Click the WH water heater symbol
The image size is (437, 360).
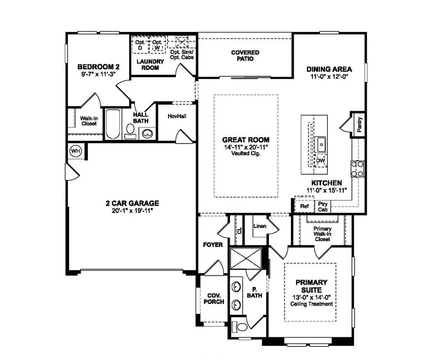point(76,150)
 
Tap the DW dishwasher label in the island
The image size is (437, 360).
point(320,161)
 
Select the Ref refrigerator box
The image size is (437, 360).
point(304,206)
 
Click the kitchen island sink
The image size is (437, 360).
point(321,144)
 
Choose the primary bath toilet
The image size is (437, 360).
point(237,326)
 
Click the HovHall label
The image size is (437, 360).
point(177,116)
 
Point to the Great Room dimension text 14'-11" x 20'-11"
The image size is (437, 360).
point(246,147)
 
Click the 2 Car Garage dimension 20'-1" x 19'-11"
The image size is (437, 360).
point(133,211)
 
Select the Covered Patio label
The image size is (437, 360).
point(245,55)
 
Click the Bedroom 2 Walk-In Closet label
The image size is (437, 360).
point(88,121)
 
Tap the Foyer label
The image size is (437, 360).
point(213,245)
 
